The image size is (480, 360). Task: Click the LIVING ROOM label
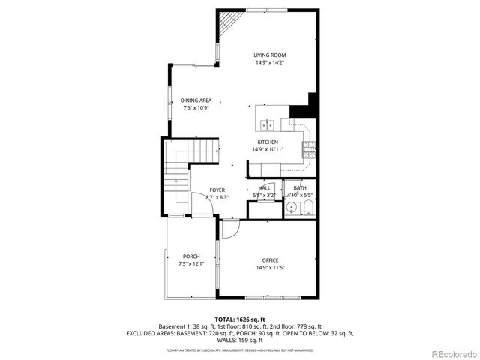coord(269,55)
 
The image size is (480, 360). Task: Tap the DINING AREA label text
coord(196,100)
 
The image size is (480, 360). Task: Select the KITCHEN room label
coord(268,142)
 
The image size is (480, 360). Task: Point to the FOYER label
coord(217,190)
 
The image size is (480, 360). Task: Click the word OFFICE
coord(270,260)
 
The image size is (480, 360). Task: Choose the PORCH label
coord(191,256)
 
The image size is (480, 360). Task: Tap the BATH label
coord(300,188)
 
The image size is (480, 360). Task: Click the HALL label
coord(264,188)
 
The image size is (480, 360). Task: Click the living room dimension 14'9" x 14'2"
coord(269,63)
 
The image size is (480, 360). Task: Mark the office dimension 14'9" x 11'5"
coord(270,268)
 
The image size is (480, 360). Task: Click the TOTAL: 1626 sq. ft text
coord(239,319)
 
